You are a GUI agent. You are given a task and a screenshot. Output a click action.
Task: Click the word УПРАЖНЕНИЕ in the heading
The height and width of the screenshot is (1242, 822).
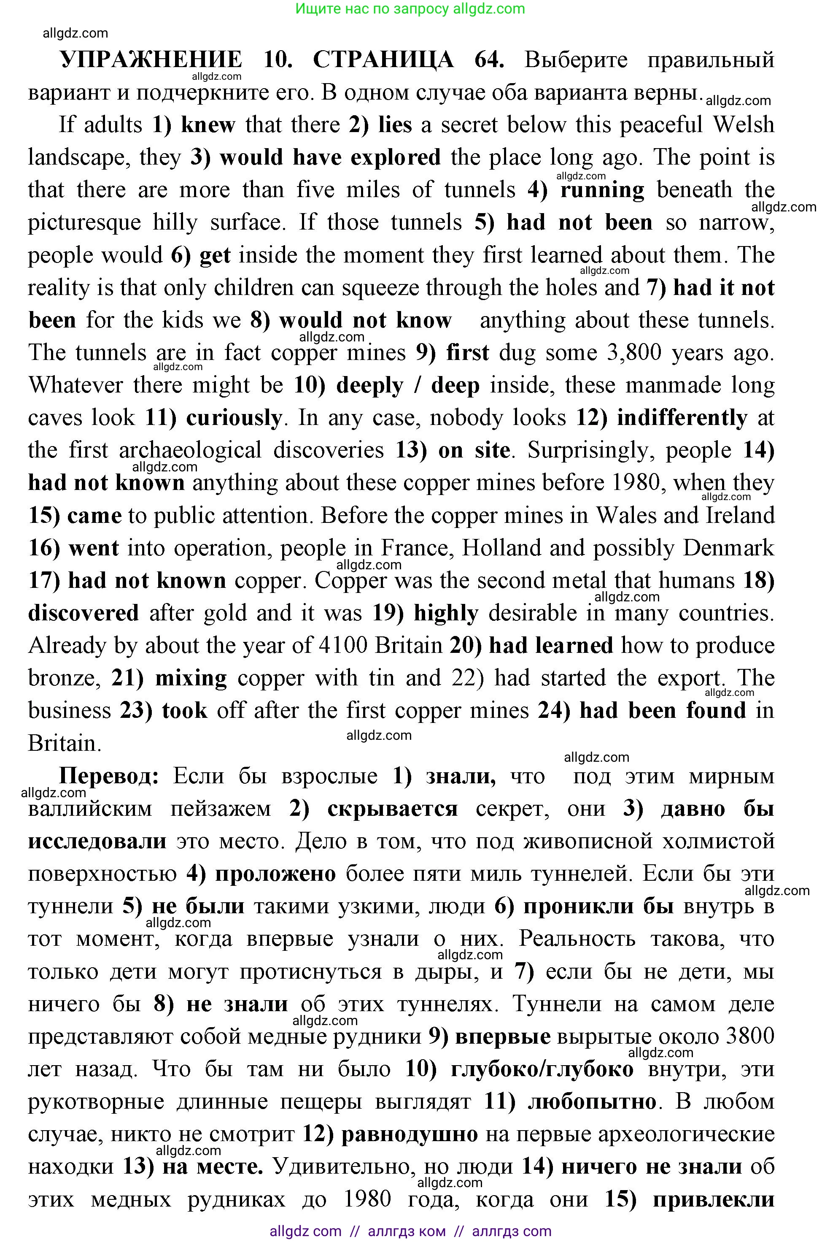click(151, 60)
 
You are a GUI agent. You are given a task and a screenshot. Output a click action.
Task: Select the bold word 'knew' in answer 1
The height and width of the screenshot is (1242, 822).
click(208, 125)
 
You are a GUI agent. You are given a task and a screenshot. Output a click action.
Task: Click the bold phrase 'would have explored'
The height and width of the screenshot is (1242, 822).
click(330, 157)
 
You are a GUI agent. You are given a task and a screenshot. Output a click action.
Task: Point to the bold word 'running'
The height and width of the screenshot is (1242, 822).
click(602, 190)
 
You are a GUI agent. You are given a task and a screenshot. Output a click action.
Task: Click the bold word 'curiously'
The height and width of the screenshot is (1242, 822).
click(234, 418)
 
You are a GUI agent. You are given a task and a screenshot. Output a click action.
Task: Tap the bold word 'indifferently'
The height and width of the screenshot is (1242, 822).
click(682, 418)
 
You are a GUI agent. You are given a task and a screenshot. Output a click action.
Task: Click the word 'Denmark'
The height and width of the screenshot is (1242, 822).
click(728, 548)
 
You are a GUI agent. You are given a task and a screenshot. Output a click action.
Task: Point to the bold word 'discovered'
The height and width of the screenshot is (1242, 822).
click(84, 613)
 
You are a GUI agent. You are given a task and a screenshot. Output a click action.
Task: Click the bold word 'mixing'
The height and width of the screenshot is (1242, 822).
click(191, 678)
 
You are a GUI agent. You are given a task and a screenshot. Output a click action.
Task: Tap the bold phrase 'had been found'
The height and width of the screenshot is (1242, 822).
click(662, 711)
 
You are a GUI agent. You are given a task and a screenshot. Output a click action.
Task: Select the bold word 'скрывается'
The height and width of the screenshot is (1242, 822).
click(392, 809)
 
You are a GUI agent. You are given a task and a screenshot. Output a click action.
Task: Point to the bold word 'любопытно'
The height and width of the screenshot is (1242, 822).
click(591, 1102)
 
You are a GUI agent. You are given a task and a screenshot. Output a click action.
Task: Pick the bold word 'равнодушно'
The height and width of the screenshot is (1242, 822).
click(410, 1134)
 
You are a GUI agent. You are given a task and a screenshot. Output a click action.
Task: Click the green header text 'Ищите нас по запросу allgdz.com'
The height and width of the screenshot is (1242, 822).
click(410, 8)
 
